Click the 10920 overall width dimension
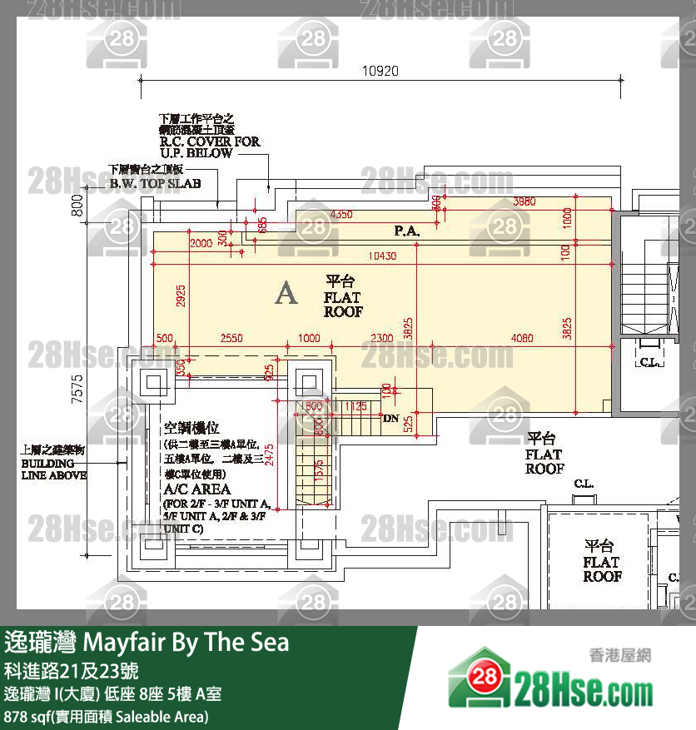click(380, 71)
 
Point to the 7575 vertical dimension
click(77, 389)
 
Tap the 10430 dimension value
click(383, 256)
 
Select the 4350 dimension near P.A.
click(341, 214)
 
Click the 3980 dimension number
click(524, 201)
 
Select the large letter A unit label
click(286, 293)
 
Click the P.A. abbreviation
click(405, 229)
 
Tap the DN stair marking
click(390, 418)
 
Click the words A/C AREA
click(197, 489)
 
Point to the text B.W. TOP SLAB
click(155, 182)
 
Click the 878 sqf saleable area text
click(107, 717)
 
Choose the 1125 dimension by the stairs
click(356, 405)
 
